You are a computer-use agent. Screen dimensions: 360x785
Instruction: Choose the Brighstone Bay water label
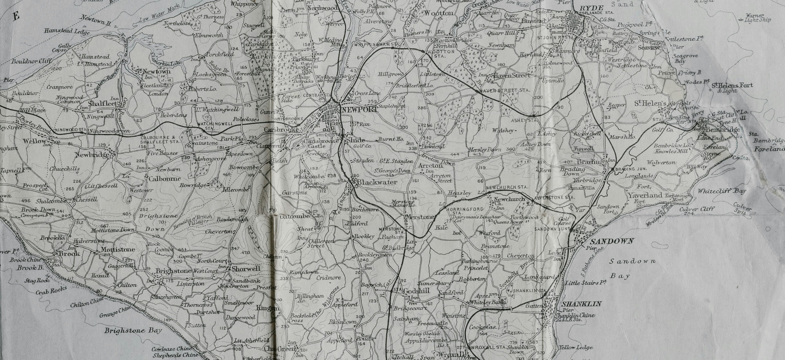point(132,331)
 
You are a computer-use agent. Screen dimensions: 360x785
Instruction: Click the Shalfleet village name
point(102,104)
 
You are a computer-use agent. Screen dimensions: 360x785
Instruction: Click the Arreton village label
point(430,166)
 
